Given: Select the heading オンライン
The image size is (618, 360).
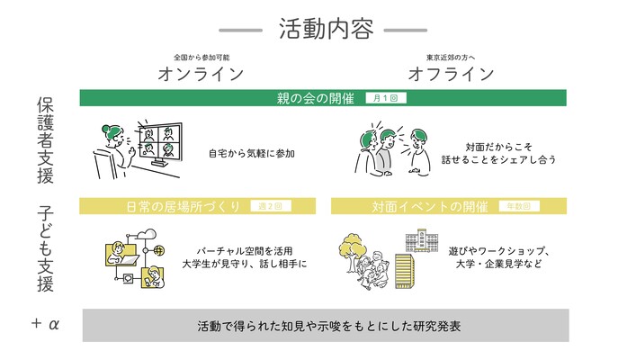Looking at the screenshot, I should [x=201, y=73].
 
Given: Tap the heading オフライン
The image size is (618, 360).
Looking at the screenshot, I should [x=451, y=73].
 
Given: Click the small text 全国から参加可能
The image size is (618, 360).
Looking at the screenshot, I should [x=201, y=56].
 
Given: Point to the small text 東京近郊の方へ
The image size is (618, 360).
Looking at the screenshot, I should [x=451, y=56].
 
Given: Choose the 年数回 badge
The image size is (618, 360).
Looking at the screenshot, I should [x=519, y=206].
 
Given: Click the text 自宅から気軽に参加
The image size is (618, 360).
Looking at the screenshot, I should [x=252, y=153].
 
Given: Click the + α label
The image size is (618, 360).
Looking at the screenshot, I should [x=44, y=323].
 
